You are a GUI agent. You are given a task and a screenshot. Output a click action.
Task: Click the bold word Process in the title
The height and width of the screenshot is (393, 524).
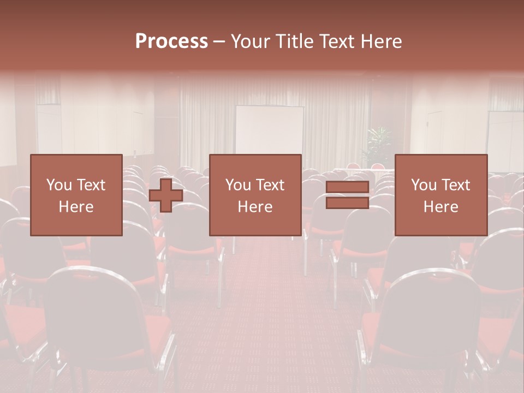coord(171,41)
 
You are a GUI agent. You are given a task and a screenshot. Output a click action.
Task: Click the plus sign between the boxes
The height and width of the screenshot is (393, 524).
coord(166,195)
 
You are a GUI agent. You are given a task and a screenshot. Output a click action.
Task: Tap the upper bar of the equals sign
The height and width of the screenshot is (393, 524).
coord(347,187)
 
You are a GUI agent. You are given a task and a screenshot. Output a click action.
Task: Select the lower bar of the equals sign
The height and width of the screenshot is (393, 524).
coord(347,203)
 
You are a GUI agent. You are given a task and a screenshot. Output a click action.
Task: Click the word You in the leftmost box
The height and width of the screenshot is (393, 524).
coord(58,185)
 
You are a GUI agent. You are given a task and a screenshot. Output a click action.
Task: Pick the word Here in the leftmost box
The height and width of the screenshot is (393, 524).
coord(76,207)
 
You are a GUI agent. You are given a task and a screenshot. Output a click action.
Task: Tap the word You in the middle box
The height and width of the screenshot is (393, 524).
coord(238,185)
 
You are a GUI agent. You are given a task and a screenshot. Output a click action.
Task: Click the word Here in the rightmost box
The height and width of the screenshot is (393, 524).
coord(440,207)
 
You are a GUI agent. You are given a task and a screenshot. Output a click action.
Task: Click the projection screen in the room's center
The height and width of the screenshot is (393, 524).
coord(269,131)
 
